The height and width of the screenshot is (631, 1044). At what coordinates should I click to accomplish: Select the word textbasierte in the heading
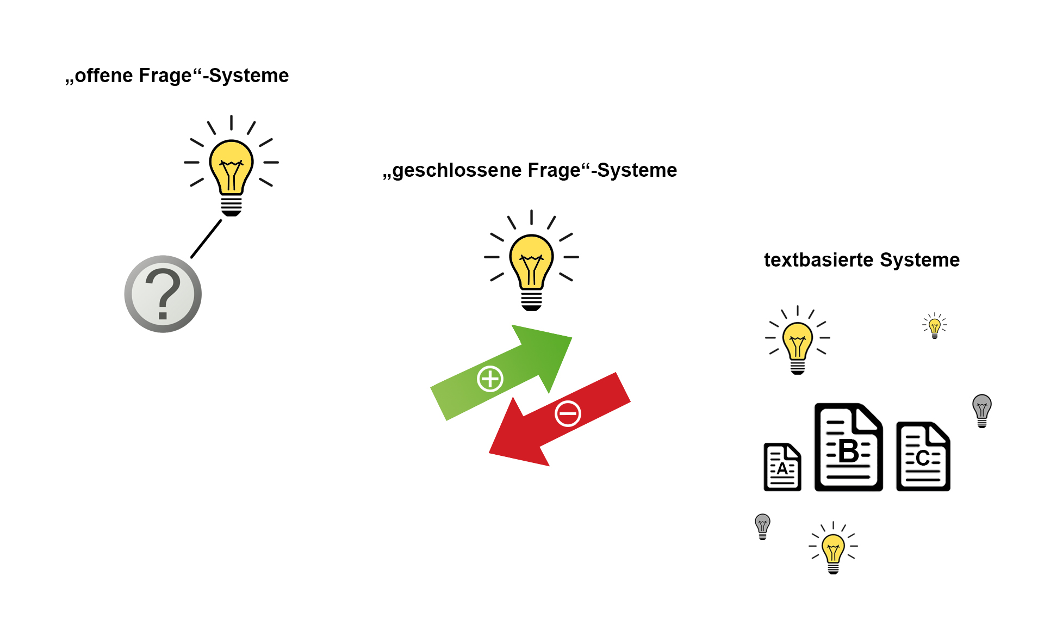[818, 260]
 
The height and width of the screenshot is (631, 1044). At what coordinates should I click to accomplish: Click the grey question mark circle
[163, 294]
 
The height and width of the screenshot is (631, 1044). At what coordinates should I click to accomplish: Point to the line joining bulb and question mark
[206, 239]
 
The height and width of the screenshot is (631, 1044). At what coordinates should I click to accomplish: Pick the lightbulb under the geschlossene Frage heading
[531, 264]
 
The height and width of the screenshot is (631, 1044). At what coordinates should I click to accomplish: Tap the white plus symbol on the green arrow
[490, 379]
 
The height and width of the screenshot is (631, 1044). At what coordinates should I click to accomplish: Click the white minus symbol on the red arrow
[568, 414]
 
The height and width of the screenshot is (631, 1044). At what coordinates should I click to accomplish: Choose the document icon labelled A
[782, 467]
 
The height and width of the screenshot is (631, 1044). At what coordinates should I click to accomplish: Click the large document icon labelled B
[848, 448]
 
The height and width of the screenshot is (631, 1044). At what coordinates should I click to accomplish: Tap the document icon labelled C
[923, 457]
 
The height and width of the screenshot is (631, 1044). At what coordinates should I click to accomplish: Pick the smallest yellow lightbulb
[935, 326]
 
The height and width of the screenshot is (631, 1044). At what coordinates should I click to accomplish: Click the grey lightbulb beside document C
[982, 410]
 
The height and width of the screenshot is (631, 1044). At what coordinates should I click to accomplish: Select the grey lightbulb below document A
[763, 526]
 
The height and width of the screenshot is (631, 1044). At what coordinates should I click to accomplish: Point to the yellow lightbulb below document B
[833, 549]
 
